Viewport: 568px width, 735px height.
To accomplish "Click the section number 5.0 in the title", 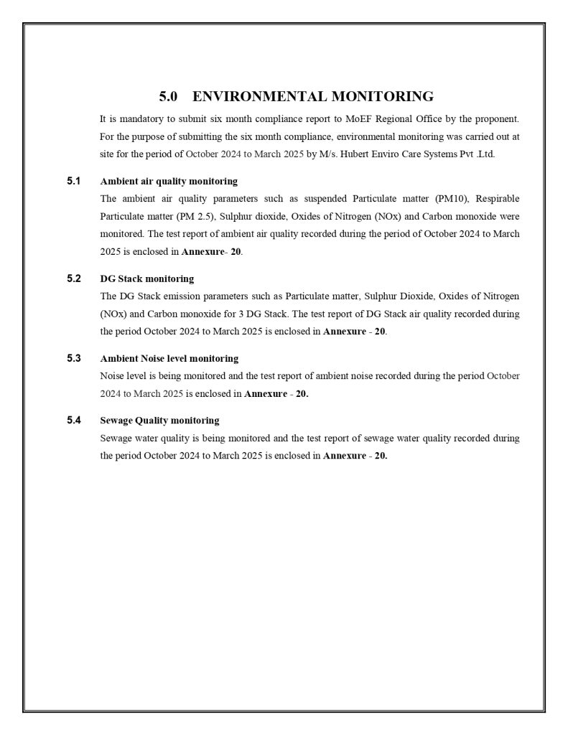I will [168, 96].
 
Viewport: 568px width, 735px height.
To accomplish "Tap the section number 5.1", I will [74, 181].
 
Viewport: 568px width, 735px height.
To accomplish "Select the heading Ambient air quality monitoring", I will [169, 182].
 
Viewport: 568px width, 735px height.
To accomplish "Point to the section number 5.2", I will [74, 278].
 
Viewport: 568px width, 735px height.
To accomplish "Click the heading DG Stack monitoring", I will [146, 278].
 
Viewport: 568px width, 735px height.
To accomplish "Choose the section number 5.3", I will [74, 357].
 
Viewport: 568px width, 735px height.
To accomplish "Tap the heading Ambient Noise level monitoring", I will [169, 358].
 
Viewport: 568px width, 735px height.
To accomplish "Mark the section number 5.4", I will [74, 420].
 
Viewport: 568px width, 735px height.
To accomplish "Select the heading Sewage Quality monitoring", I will [159, 421].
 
